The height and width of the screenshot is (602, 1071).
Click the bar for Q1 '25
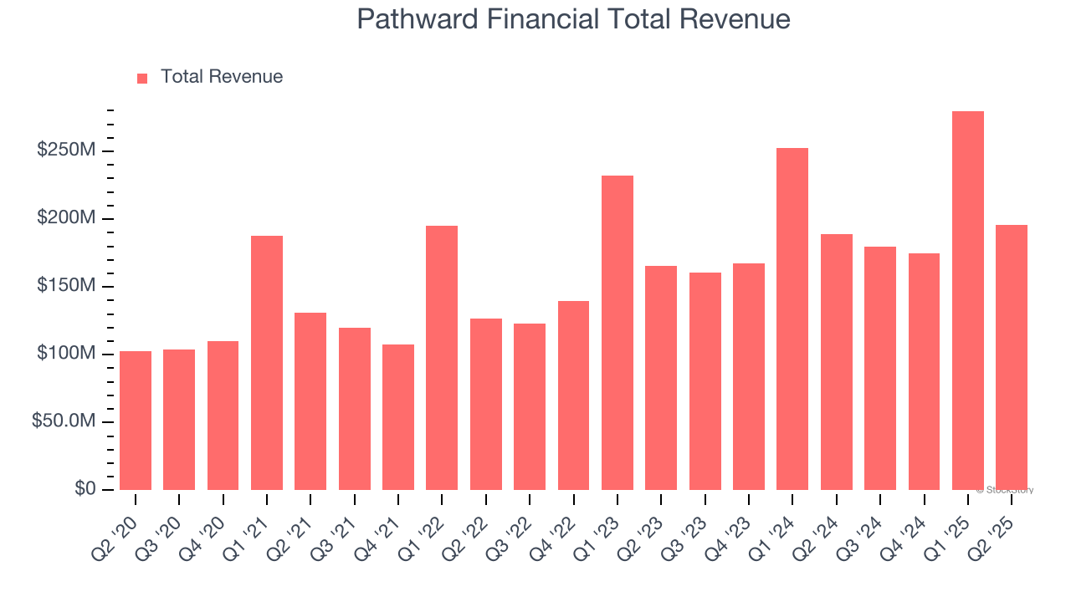pyautogui.click(x=967, y=301)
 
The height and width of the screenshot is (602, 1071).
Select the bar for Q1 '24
pyautogui.click(x=792, y=319)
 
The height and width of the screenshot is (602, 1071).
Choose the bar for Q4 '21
pyautogui.click(x=398, y=417)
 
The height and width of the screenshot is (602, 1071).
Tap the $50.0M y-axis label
pyautogui.click(x=64, y=421)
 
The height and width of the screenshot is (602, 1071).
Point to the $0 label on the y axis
pyautogui.click(x=84, y=489)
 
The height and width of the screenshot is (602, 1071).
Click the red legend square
pyautogui.click(x=142, y=78)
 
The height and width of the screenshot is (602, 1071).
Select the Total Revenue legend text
pyautogui.click(x=222, y=77)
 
